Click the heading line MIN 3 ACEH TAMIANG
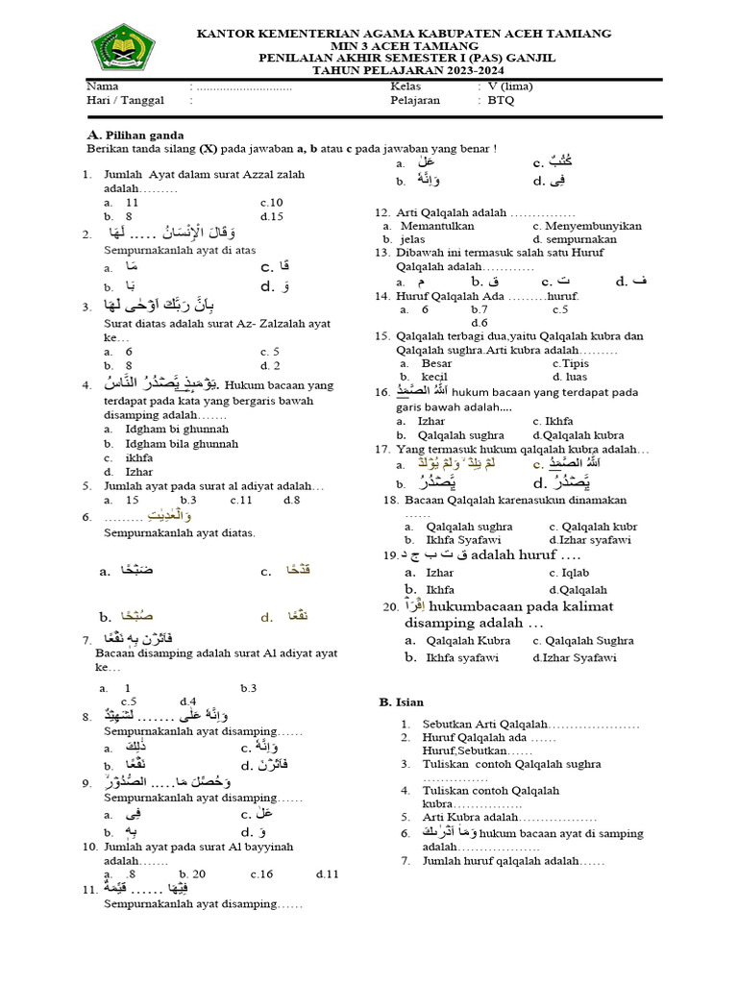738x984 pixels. [x=404, y=46]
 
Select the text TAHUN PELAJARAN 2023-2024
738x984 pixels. [x=404, y=71]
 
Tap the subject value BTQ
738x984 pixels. [x=500, y=100]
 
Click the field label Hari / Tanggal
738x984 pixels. [x=125, y=100]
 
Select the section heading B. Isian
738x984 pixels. [x=401, y=702]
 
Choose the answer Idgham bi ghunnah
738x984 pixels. [x=168, y=430]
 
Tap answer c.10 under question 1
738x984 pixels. [x=271, y=203]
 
